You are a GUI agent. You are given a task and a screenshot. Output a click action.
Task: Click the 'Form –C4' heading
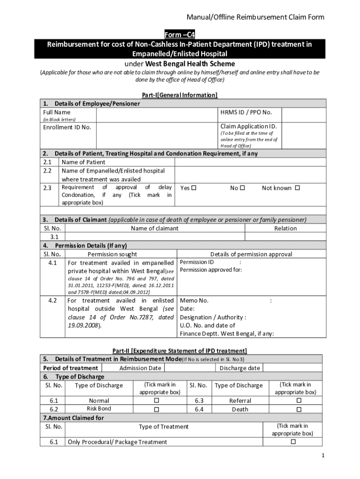[180, 35]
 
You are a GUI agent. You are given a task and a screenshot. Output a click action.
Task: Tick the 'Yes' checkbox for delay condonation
[194, 188]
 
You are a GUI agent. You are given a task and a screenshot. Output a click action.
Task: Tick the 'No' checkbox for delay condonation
[242, 188]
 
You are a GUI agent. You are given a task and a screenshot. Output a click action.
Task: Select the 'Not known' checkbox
[297, 188]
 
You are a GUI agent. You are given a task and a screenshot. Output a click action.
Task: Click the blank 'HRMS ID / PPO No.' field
[304, 115]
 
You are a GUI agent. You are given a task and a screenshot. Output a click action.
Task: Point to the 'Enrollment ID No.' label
[67, 127]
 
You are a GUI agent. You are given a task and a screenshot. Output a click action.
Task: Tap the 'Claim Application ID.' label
[248, 127]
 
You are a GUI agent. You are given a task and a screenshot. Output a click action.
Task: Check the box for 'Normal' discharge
[157, 401]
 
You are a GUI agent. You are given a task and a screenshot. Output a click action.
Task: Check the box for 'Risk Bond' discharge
[157, 409]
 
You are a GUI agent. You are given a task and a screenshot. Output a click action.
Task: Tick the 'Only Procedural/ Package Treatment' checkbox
[293, 442]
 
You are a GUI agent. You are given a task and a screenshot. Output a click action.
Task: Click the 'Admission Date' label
[140, 368]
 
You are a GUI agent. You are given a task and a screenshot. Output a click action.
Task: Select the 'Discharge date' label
[240, 368]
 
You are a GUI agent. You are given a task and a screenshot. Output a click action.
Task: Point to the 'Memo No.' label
[194, 301]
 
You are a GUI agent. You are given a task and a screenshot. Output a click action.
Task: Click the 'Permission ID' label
[197, 262]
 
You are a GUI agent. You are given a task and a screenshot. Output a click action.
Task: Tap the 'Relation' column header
[285, 228]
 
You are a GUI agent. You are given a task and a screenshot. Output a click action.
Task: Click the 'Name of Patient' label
[83, 162]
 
